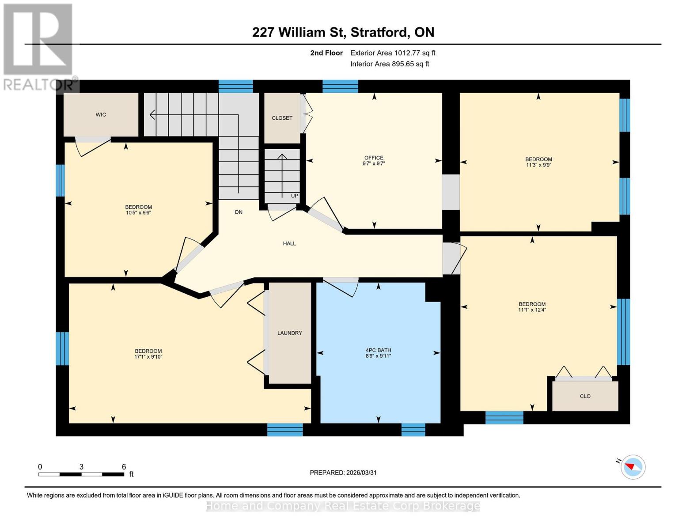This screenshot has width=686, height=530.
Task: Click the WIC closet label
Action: point(101,115)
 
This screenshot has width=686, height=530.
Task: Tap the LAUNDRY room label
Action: point(290,333)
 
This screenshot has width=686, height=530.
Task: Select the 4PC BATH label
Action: point(378,350)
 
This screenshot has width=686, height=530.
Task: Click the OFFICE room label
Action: point(374,158)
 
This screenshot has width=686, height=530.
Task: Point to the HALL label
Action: point(289,243)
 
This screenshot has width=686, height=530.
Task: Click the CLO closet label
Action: point(585,396)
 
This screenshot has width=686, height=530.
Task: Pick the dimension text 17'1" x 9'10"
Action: point(148,357)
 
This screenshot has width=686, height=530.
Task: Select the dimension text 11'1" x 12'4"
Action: point(532,310)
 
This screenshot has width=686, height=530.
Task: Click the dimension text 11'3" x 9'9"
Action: point(538,165)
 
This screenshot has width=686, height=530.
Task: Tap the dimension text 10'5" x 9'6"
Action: point(138,213)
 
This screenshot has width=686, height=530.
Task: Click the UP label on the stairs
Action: point(295,196)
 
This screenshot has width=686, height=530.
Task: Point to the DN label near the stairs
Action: point(239,212)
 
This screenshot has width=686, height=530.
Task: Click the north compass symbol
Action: point(633,466)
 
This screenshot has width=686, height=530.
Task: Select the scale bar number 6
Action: point(124,467)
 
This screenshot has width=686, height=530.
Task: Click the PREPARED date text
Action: point(343,473)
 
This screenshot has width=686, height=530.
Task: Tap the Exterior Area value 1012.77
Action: point(406,53)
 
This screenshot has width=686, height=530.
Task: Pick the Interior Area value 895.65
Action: point(404,64)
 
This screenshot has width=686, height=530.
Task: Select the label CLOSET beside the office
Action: point(282,118)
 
